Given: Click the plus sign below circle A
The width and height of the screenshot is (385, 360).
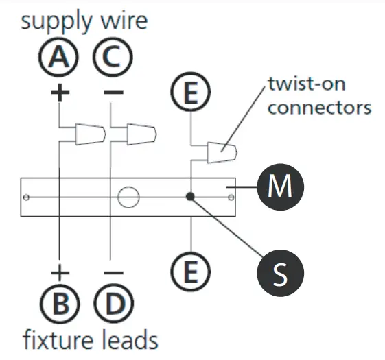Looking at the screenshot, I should click(x=60, y=93).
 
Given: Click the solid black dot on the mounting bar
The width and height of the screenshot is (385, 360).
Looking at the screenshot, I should click(x=190, y=197).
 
